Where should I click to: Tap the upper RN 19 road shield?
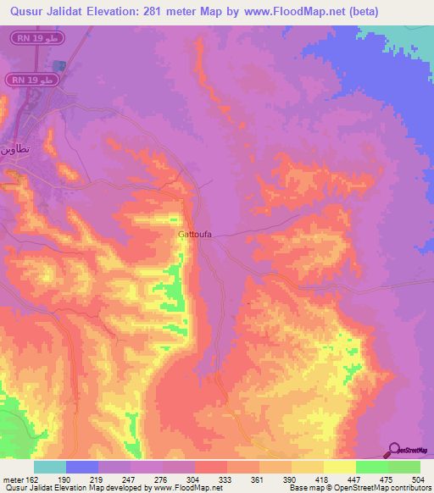(35, 38)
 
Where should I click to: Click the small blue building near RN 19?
(58, 65)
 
